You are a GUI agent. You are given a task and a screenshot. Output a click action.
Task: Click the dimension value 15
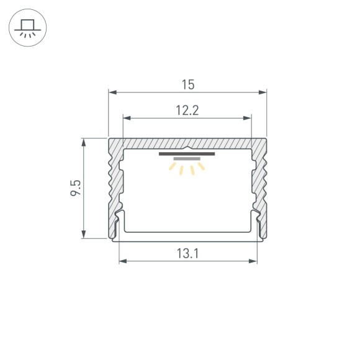click(187, 83)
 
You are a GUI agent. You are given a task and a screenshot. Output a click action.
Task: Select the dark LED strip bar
click(187, 153)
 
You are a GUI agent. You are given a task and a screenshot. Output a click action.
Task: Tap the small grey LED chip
click(185, 159)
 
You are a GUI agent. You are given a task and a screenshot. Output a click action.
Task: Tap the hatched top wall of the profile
click(187, 143)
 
